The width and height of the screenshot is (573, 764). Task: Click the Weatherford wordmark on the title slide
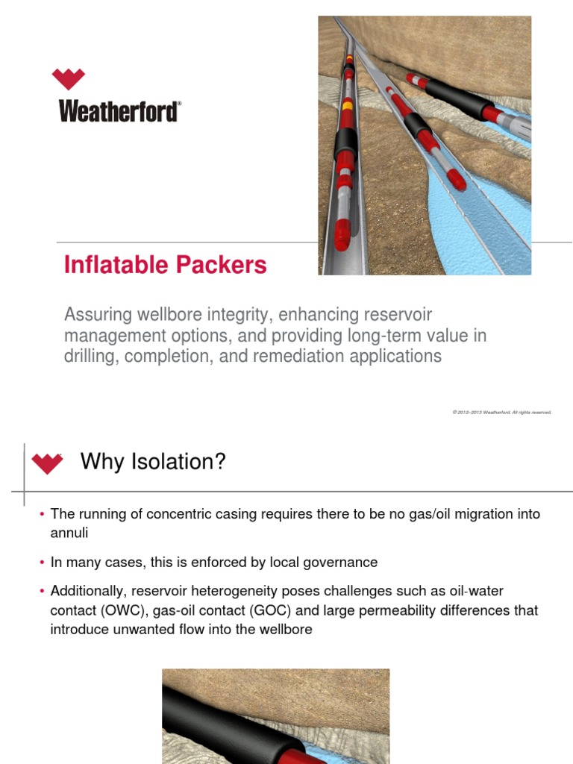pos(119,112)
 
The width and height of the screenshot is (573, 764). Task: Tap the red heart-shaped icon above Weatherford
pos(69,78)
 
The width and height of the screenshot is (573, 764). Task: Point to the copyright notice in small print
pos(501,412)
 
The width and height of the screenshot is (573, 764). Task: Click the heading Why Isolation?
pos(152,462)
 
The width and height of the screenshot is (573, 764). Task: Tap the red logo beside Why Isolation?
pos(47,463)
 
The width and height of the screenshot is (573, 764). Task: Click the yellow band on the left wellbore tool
pos(346,106)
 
